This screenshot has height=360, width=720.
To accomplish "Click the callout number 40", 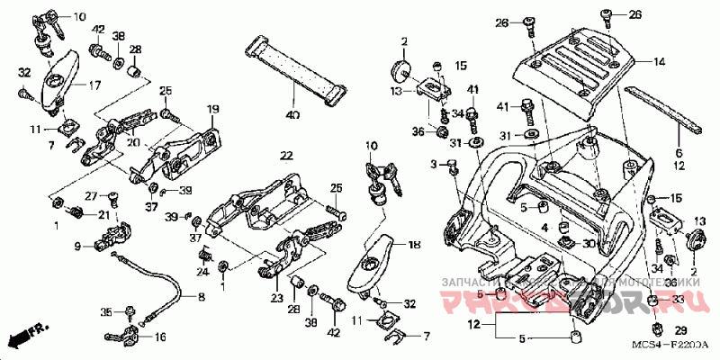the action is point(292,115).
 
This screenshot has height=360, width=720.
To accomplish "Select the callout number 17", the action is point(94,86).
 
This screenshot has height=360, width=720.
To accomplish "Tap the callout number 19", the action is point(213,109).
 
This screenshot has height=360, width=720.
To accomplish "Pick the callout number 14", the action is point(659,62).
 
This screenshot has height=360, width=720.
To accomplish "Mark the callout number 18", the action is point(414,244).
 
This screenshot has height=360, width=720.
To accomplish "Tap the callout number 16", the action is point(161,337).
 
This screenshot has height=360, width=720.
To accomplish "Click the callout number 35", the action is point(105,311).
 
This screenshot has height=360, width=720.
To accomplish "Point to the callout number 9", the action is point(77,245).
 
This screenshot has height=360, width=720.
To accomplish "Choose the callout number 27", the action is point(90,195).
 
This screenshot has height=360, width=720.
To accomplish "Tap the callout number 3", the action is point(434,164).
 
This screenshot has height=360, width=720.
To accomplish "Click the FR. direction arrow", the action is point(24,337).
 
